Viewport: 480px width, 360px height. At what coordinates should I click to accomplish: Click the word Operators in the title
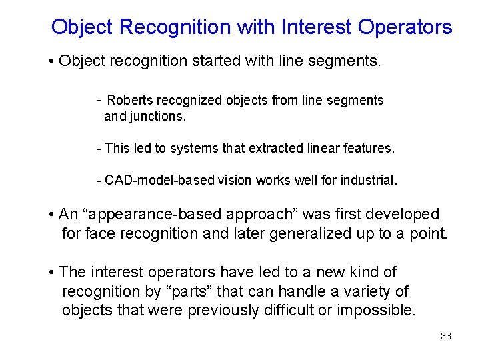coord(405,27)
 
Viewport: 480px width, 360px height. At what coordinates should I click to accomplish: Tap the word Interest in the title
coord(317,27)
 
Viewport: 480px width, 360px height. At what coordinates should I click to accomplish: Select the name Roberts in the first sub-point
coord(129,101)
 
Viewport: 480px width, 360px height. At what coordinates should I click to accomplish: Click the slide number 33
coord(446,336)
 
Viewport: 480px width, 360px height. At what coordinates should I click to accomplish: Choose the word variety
coord(369,291)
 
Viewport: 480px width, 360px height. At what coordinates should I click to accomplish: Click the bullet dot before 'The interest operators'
coord(51,273)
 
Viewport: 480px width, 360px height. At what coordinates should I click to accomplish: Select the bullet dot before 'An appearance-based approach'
coord(51,215)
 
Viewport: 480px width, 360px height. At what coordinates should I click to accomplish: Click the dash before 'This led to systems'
coord(99,148)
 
